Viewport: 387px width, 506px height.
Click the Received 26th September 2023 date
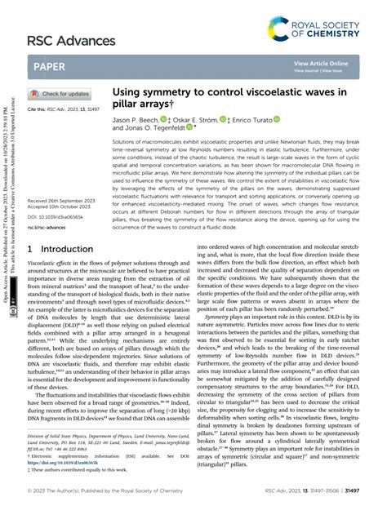point(65,177)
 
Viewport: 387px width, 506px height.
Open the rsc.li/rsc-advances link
point(51,204)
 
